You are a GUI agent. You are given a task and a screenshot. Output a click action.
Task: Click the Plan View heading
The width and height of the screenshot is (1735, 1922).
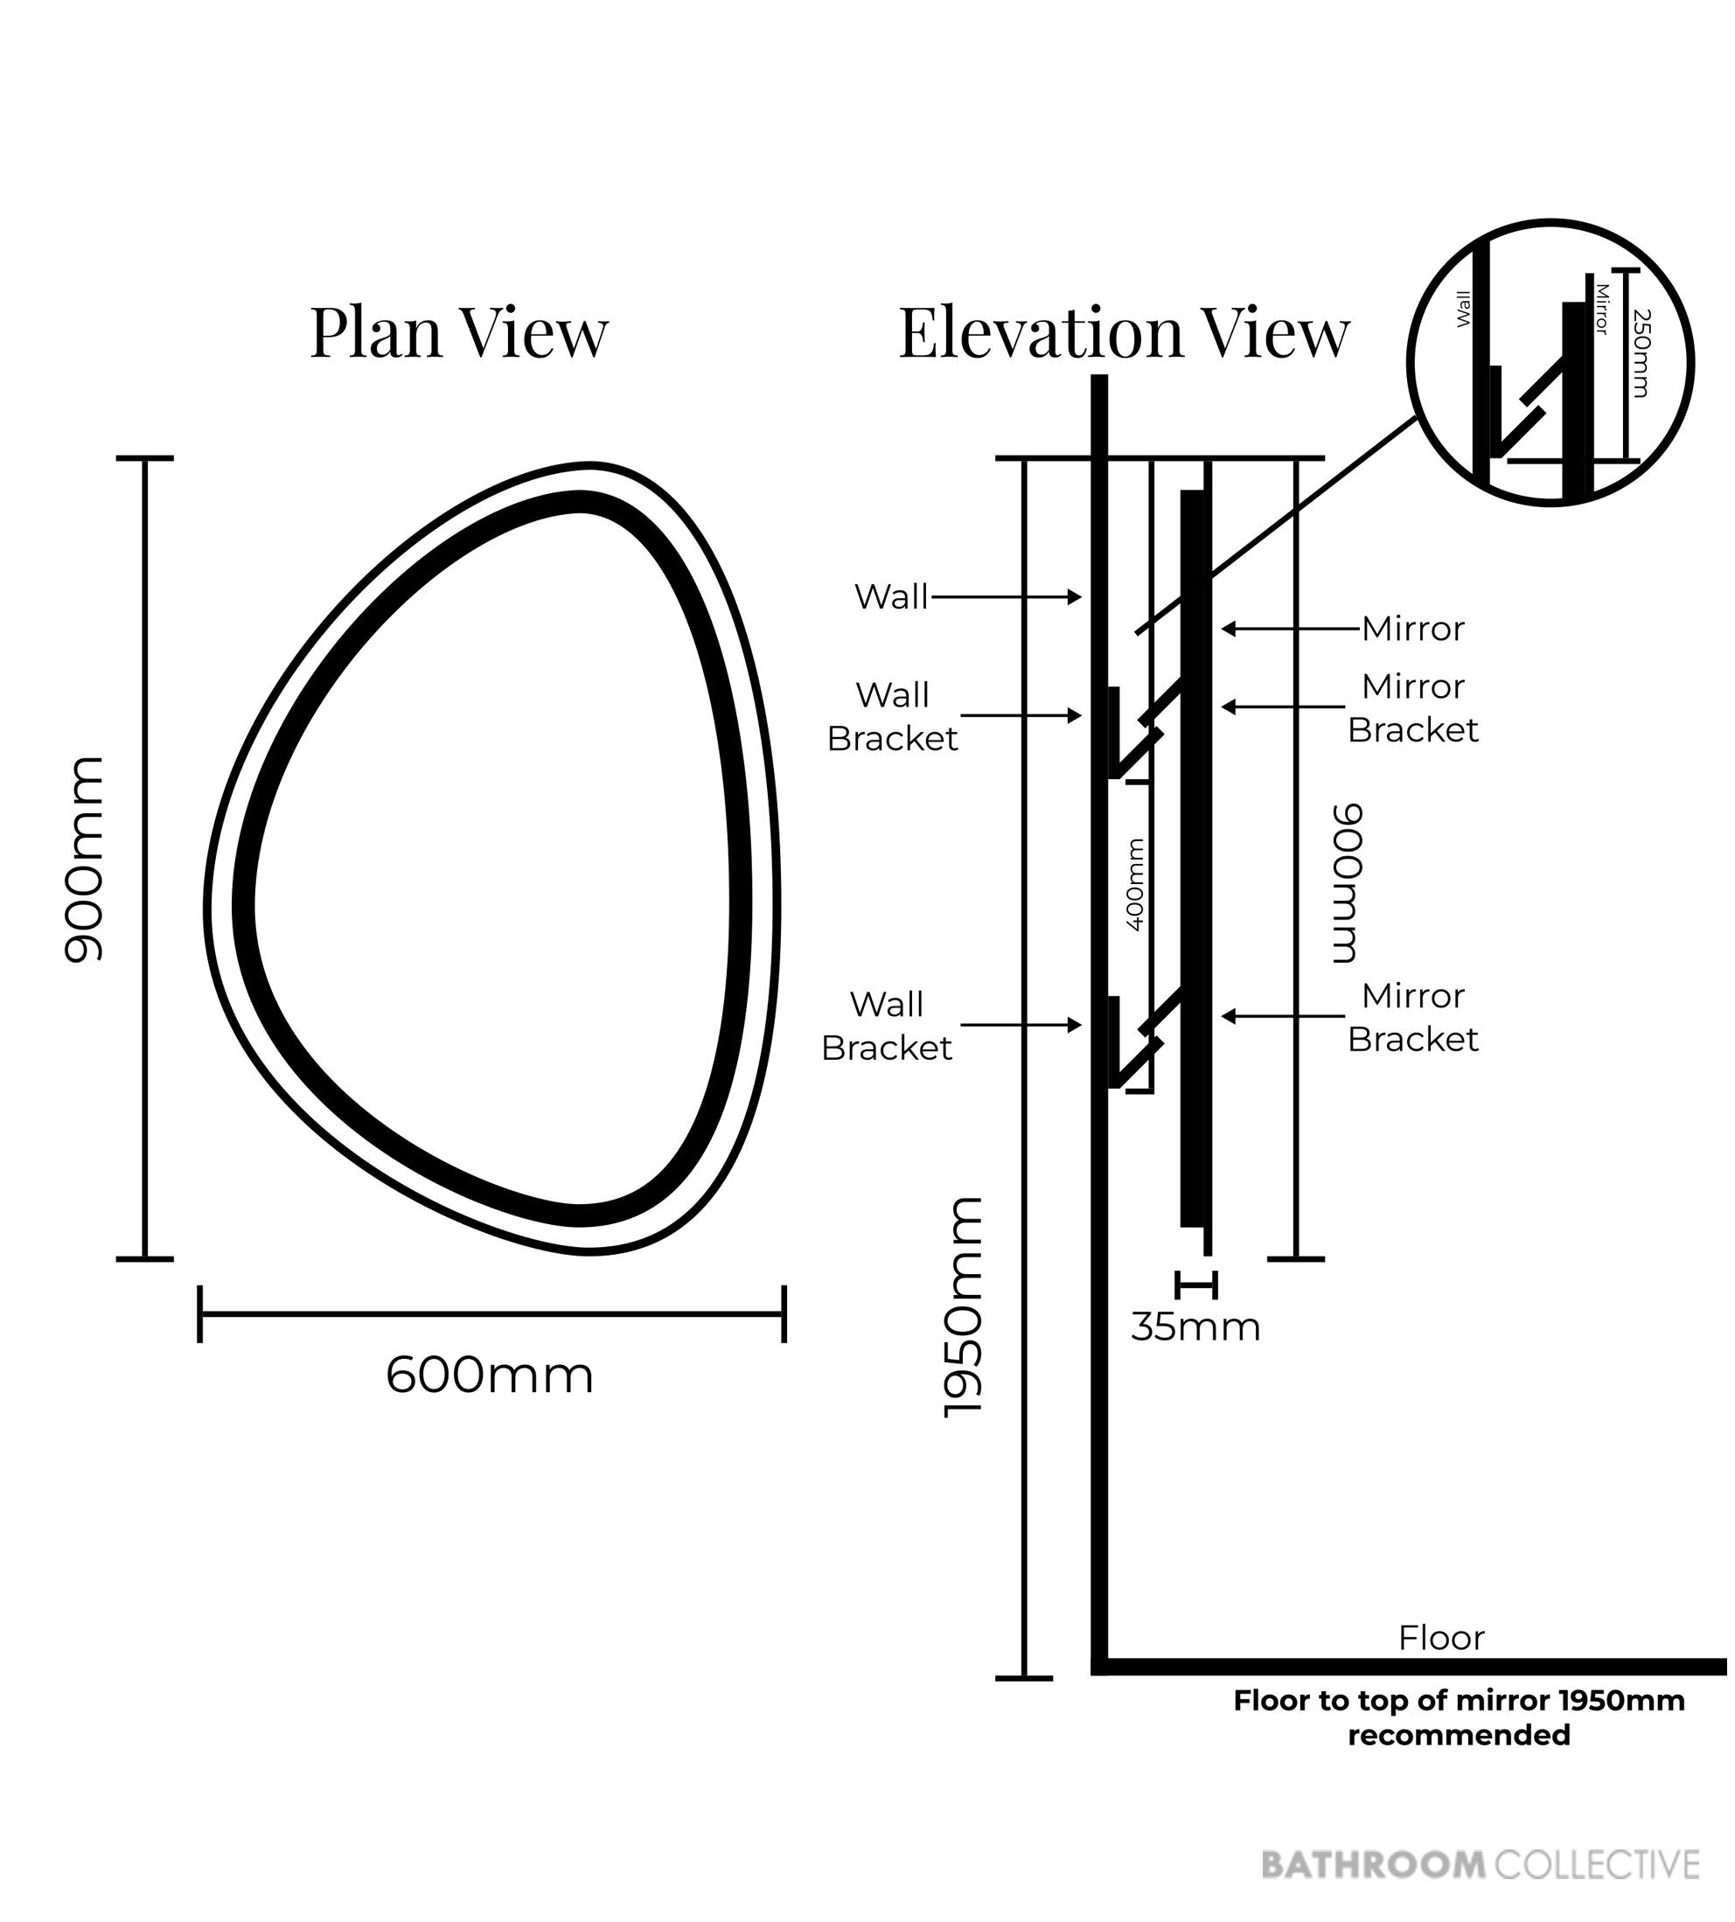click(458, 333)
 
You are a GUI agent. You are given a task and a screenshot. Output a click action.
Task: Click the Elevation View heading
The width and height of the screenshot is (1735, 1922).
click(1124, 333)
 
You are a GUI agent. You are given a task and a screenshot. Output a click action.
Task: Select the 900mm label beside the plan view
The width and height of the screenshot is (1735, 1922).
click(83, 858)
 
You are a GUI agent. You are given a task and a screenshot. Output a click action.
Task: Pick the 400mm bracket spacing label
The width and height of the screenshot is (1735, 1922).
click(1134, 884)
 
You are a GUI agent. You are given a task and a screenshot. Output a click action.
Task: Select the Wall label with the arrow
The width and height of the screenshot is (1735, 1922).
click(891, 597)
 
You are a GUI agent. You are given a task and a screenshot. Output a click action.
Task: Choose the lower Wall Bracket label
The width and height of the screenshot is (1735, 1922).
click(887, 1026)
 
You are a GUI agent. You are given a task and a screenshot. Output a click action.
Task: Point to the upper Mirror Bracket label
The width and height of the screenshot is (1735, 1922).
click(1413, 708)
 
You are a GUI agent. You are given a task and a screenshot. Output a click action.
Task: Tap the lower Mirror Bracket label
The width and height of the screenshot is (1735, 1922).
click(1413, 1017)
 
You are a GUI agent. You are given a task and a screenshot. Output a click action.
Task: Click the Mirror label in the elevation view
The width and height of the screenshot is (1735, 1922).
click(1413, 630)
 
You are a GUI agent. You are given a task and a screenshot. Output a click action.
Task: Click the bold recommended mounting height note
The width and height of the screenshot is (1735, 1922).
click(1459, 1718)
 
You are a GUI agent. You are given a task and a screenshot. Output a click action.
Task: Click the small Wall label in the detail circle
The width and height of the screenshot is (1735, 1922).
click(1464, 309)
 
